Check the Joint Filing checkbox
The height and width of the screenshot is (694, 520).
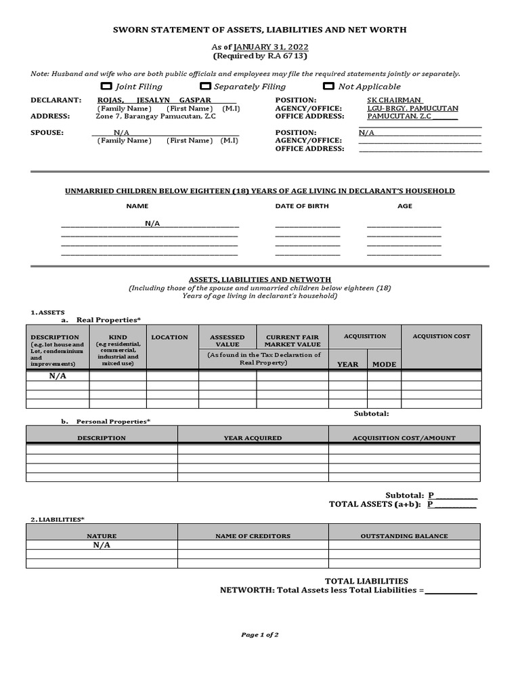(106, 86)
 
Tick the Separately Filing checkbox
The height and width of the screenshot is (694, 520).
(205, 86)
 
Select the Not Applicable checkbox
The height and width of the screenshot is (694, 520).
(328, 86)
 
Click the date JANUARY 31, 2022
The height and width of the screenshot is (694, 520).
(272, 47)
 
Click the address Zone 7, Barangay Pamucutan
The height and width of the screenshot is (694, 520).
(156, 116)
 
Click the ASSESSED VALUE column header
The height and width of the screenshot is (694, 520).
(227, 340)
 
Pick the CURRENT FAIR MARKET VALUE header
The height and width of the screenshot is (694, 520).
(292, 340)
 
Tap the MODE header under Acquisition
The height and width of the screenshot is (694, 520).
(384, 364)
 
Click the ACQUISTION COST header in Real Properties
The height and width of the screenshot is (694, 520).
(441, 336)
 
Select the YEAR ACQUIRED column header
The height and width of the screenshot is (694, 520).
(253, 438)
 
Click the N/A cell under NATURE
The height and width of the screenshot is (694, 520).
(102, 545)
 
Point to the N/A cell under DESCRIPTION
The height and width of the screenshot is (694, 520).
(58, 376)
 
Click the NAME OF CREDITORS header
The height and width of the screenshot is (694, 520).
(253, 536)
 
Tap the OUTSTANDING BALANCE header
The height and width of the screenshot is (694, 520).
(404, 536)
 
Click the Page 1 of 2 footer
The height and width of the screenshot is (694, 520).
(260, 635)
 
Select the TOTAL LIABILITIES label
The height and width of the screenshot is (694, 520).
(366, 581)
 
